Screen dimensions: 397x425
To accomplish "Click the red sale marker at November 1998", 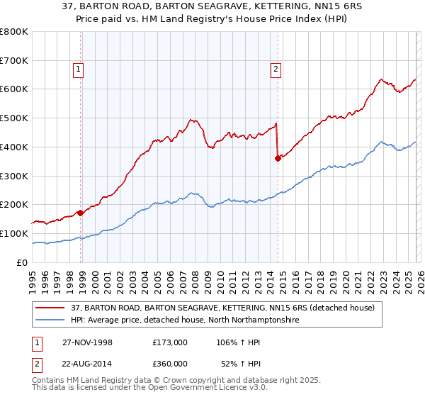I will pos(81,212).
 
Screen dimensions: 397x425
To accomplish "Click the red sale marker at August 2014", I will pos(278,158).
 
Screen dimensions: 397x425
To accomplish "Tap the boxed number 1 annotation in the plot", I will pos(77,69).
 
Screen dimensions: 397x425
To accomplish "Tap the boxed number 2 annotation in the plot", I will pos(275,69).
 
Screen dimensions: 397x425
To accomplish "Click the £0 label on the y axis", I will pos(22,262).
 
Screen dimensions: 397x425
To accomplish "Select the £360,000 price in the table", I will pos(169,363).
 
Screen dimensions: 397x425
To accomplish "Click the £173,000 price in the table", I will pos(169,342).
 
